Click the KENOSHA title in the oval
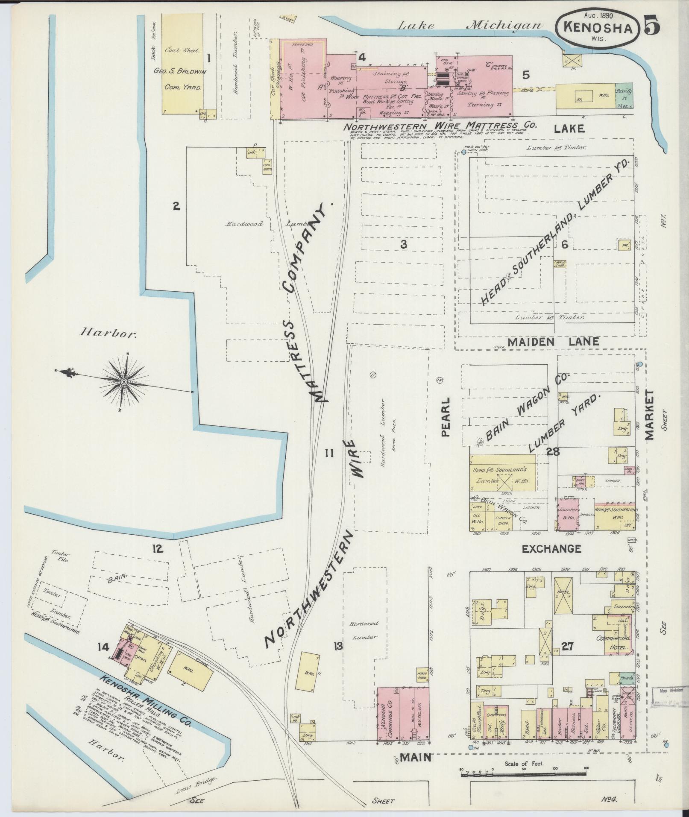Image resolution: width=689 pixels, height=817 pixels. point(597,28)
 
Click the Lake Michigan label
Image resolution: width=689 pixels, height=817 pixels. point(469,26)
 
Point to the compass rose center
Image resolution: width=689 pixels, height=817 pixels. point(123,381)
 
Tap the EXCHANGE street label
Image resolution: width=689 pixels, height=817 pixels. point(551,549)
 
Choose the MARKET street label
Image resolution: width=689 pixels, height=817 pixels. point(650,415)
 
